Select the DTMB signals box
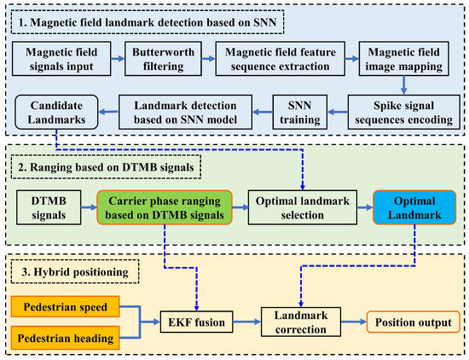pyautogui.click(x=49, y=207)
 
